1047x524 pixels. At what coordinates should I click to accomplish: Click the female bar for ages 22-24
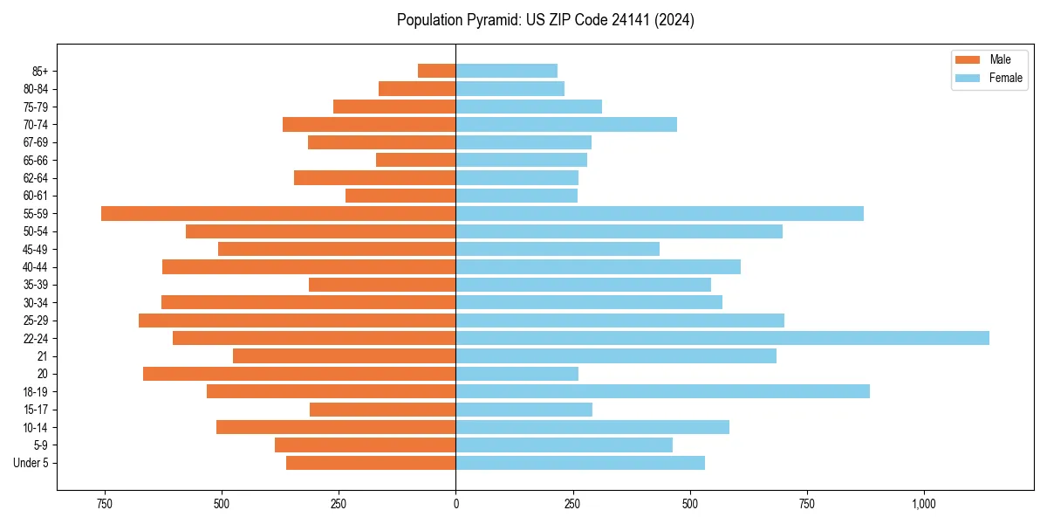pyautogui.click(x=722, y=338)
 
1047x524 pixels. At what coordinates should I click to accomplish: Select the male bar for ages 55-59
pyautogui.click(x=278, y=213)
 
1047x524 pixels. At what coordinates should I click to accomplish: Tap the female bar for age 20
pyautogui.click(x=517, y=374)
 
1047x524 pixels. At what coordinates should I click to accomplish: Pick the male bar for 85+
pyautogui.click(x=436, y=71)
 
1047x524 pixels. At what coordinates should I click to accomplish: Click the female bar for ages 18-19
pyautogui.click(x=662, y=391)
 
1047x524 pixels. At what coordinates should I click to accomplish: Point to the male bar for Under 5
pyautogui.click(x=371, y=463)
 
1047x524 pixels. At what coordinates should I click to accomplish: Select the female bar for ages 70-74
pyautogui.click(x=566, y=124)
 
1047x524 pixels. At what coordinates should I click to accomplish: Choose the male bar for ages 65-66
pyautogui.click(x=415, y=160)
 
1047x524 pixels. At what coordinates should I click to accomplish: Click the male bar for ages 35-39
pyautogui.click(x=382, y=285)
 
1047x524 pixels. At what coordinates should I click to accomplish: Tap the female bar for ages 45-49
pyautogui.click(x=558, y=249)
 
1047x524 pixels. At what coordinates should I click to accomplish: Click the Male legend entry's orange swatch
pyautogui.click(x=968, y=59)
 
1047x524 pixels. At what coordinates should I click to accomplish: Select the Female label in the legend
pyautogui.click(x=1006, y=78)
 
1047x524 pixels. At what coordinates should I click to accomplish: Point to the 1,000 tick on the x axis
pyautogui.click(x=924, y=504)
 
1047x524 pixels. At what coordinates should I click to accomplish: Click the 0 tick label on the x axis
pyautogui.click(x=455, y=504)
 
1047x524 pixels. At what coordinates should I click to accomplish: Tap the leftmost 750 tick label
pyautogui.click(x=105, y=504)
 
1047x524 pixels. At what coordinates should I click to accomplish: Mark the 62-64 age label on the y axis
pyautogui.click(x=36, y=178)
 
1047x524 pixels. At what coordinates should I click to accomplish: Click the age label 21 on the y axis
pyautogui.click(x=42, y=356)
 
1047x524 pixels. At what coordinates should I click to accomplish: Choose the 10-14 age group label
pyautogui.click(x=36, y=427)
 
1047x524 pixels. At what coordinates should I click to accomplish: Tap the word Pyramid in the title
pyautogui.click(x=491, y=20)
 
